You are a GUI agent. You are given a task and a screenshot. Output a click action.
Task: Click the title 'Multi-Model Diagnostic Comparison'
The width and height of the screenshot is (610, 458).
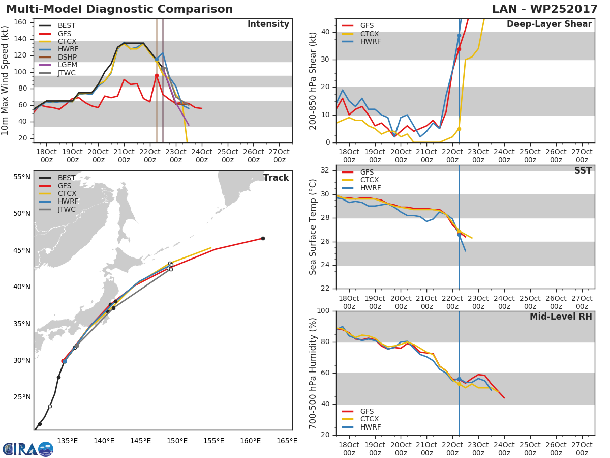pyautogui.click(x=119, y=9)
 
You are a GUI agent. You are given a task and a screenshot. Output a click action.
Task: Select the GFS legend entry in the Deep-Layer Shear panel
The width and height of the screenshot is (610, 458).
pyautogui.click(x=367, y=25)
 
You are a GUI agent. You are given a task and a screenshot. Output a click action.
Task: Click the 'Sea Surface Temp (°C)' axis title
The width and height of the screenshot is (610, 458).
pyautogui.click(x=313, y=226)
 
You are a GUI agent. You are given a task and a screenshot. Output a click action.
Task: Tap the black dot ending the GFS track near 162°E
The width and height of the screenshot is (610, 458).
pyautogui.click(x=263, y=238)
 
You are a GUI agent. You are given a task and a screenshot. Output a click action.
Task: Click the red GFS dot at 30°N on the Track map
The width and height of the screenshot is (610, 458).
pyautogui.click(x=63, y=361)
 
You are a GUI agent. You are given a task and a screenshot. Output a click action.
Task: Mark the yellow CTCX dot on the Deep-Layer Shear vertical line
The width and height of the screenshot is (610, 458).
pyautogui.click(x=459, y=129)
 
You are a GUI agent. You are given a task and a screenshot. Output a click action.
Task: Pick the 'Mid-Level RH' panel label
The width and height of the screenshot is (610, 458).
pyautogui.click(x=560, y=317)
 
